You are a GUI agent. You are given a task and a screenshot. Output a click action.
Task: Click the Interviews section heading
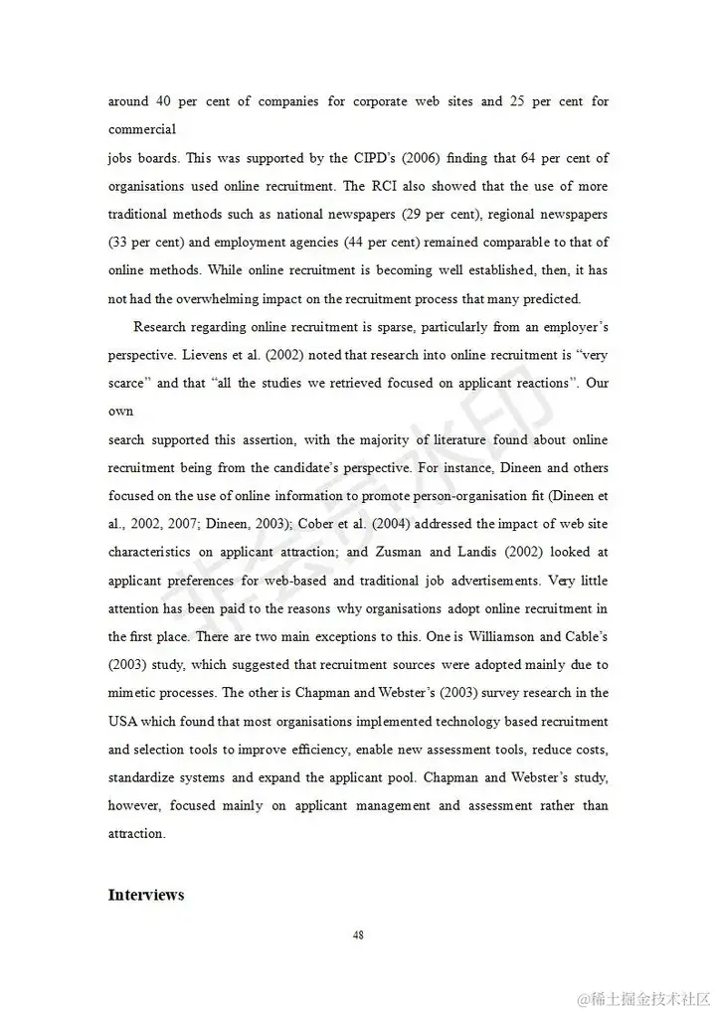pos(146,895)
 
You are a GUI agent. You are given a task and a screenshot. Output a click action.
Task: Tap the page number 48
pos(358,935)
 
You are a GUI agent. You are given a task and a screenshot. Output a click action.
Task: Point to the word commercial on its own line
pos(142,129)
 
